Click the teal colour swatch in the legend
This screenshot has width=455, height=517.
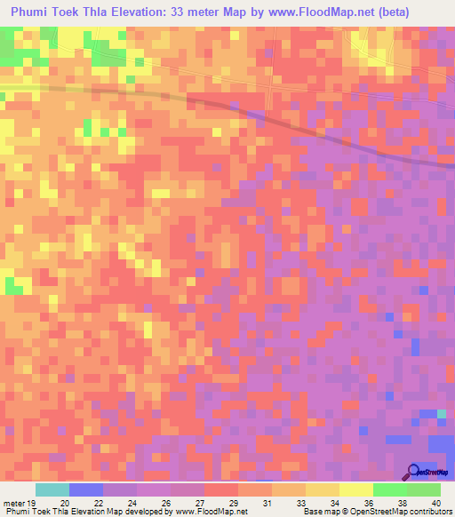click(52, 489)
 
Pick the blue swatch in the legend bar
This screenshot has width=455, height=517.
click(86, 489)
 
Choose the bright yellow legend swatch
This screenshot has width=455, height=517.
click(355, 489)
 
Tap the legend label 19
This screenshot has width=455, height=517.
click(31, 502)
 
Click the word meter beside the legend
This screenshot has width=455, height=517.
click(13, 502)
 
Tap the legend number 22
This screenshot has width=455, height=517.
click(97, 502)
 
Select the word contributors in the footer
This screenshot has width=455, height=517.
click(427, 512)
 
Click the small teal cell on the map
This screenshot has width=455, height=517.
click(441, 414)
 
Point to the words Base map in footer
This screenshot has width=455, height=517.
click(323, 512)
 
